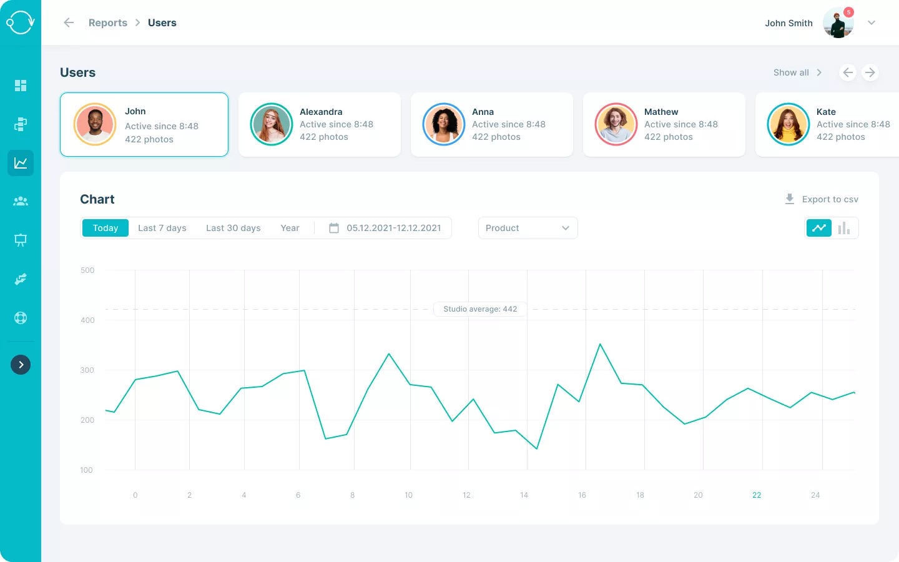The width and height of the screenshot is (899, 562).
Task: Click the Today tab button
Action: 105,228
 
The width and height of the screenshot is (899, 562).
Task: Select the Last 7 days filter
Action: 162,228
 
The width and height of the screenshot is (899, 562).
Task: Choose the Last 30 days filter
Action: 233,228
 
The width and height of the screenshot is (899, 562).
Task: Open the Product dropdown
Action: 528,228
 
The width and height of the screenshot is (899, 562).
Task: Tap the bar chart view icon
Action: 844,228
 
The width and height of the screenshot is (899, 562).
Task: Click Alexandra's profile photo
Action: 272,124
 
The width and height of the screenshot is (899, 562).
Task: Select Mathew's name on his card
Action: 661,112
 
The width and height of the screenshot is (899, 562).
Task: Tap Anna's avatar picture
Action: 444,124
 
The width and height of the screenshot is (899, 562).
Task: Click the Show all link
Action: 791,72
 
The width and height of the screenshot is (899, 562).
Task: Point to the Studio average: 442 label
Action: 480,309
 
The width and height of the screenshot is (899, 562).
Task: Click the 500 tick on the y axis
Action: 87,270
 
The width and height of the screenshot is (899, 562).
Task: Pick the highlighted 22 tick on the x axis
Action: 757,495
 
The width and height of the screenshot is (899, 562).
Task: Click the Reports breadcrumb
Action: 108,22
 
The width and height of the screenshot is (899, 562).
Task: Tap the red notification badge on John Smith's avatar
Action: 848,12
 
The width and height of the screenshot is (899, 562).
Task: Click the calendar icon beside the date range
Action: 334,228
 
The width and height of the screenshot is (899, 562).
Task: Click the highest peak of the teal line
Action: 600,344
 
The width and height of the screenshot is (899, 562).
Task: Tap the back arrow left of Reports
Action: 69,22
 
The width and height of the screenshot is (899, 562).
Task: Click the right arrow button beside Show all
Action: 870,72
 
